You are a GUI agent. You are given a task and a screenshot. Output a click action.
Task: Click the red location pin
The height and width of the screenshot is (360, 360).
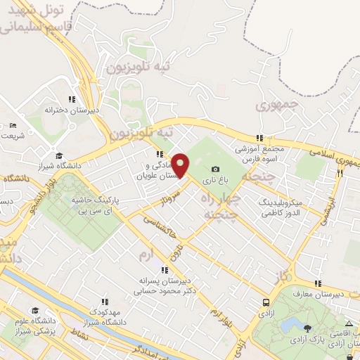pos(181,165)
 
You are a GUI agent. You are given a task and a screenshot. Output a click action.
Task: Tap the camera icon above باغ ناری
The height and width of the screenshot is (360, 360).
pos(215,169)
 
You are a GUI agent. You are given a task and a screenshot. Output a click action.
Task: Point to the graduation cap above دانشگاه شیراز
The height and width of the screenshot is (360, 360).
pos(60,155)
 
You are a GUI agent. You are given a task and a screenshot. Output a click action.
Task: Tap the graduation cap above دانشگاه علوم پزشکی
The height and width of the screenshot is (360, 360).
pos(34,310)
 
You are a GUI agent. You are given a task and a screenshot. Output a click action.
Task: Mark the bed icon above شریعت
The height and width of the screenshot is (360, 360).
pos(13,125)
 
